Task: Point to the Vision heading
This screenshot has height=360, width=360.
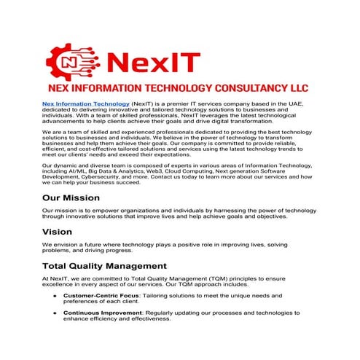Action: click(57, 232)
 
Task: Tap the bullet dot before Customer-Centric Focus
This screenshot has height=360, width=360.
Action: click(54, 296)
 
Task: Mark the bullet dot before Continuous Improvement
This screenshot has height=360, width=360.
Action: click(54, 313)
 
